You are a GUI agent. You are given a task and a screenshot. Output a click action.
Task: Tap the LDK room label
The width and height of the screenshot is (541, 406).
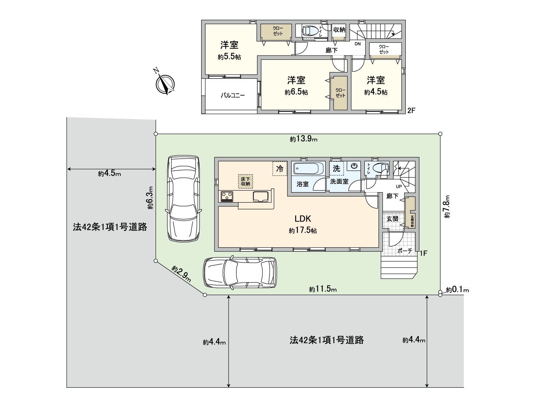point(303,219)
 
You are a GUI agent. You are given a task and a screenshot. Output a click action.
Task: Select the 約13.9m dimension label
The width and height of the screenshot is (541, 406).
point(303,139)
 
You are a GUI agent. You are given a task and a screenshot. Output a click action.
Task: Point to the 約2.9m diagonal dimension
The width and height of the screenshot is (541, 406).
point(181,274)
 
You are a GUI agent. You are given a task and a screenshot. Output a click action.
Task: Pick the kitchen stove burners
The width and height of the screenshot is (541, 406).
point(227,196)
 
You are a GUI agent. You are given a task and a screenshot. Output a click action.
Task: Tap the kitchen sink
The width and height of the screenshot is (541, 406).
point(261,196)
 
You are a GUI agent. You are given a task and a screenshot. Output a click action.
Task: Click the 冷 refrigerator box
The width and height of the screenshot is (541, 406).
point(280,168)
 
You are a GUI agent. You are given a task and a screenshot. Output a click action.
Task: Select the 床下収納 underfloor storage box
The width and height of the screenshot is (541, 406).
point(245,181)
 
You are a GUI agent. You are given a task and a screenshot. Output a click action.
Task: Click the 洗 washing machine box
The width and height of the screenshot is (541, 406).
point(336,168)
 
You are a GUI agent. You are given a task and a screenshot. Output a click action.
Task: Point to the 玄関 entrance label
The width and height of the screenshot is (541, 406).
point(392,219)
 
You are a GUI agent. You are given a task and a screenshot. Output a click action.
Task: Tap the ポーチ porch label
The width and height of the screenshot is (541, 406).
point(405,251)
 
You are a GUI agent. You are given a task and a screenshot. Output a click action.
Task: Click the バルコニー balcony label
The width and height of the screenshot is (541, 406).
point(233,95)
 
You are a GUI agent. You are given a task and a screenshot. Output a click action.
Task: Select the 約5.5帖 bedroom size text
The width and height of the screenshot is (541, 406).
point(229,57)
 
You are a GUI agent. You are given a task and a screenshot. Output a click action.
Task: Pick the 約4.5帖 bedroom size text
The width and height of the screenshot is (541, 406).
point(376,92)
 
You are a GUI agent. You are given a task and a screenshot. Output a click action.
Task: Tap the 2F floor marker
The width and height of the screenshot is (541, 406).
point(411,110)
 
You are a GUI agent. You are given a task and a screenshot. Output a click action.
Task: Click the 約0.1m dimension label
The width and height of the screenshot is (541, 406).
point(457,290)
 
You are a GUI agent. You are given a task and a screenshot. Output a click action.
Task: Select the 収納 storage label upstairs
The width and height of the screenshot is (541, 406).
point(339,30)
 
